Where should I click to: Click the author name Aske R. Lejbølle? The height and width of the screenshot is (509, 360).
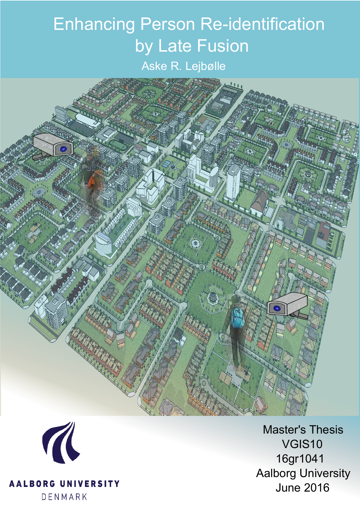[183, 66]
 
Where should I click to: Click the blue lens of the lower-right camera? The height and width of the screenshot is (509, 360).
[277, 308]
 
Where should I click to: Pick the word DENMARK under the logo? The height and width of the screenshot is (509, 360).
[64, 497]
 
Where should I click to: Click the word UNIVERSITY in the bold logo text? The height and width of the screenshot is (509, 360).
[90, 484]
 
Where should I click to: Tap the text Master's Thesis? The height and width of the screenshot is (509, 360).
[303, 430]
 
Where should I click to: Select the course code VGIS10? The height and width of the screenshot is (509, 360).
[302, 444]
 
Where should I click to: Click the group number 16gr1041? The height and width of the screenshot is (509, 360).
[300, 459]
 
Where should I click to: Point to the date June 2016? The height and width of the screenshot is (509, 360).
[302, 488]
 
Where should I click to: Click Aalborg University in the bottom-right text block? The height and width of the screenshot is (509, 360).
[303, 473]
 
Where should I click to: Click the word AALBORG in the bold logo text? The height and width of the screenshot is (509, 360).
[32, 484]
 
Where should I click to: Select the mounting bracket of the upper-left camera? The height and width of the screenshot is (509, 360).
[41, 156]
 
